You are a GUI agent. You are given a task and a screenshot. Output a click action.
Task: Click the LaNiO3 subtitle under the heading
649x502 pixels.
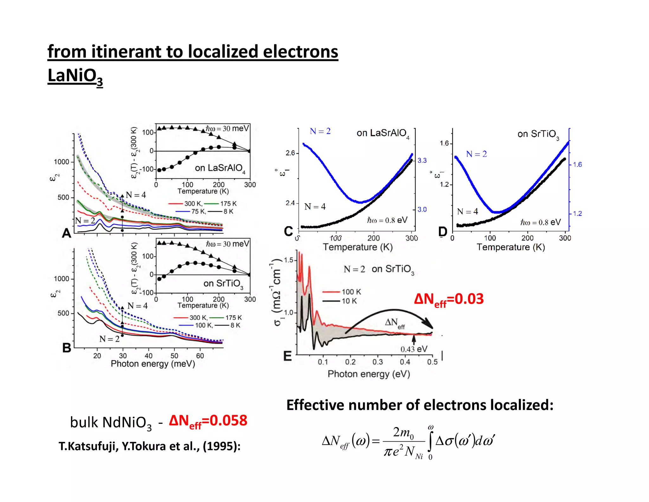click(75, 76)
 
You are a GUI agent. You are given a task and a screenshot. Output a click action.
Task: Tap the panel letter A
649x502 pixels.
click(67, 233)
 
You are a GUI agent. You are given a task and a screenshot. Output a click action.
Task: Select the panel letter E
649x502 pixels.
click(287, 356)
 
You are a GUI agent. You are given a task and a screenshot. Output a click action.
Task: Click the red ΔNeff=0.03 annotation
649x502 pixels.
click(449, 299)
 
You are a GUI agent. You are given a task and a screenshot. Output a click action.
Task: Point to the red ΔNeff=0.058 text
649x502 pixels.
click(208, 421)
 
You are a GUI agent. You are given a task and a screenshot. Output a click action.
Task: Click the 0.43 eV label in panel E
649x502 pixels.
click(414, 349)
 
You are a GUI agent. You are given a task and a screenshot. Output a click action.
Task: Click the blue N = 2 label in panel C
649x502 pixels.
click(320, 131)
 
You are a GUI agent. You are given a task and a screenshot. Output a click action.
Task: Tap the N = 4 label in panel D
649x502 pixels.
click(467, 212)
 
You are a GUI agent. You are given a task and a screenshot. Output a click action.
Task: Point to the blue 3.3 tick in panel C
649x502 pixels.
click(422, 161)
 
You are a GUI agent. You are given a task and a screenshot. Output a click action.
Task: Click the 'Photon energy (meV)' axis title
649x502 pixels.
click(153, 364)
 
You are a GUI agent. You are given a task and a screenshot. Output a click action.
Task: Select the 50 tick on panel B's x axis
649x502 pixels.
click(174, 356)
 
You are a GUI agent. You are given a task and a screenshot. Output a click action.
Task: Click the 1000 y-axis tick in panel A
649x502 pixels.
click(61, 162)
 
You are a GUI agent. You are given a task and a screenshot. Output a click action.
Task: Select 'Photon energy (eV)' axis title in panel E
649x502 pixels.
click(369, 374)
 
